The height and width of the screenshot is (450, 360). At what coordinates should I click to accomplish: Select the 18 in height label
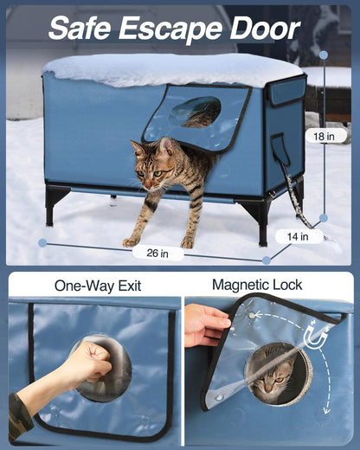(325, 136)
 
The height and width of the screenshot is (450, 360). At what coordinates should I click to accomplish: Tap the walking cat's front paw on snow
(130, 241)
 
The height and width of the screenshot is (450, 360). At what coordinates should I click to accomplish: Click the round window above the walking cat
(196, 112)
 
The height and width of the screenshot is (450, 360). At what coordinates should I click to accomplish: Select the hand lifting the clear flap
(203, 324)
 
